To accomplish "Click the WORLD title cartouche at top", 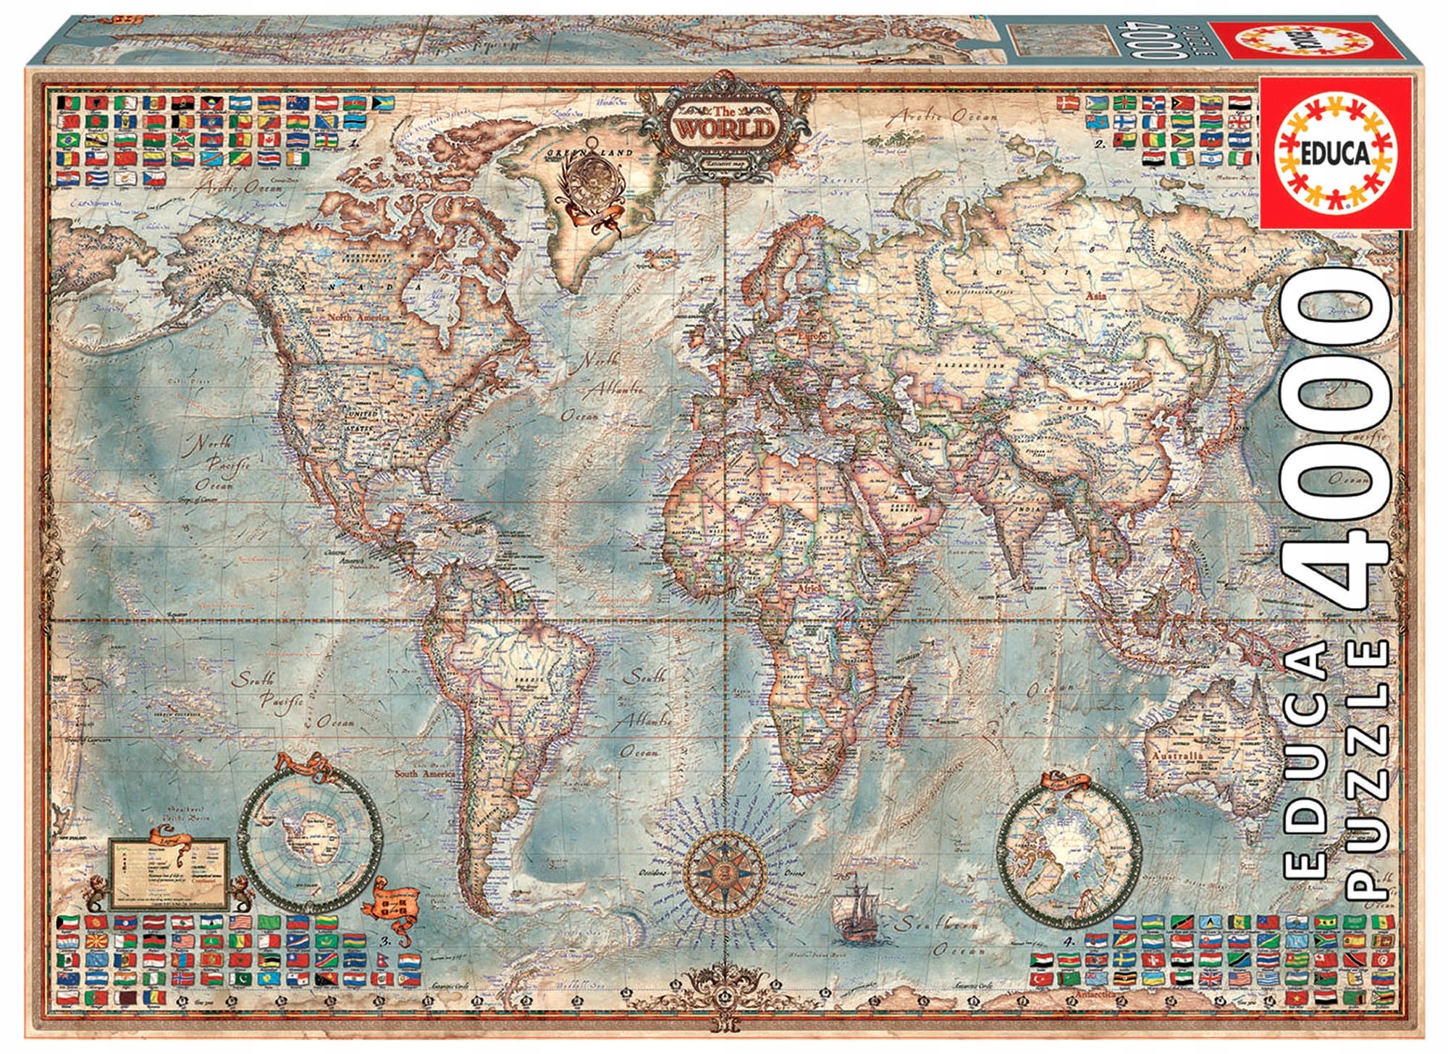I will click(x=725, y=130).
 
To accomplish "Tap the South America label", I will click(x=425, y=774).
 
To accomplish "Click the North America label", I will click(x=358, y=317).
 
